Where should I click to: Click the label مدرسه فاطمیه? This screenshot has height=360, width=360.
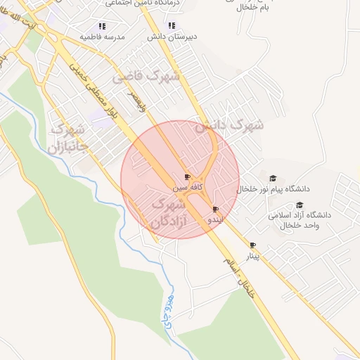point(103,36)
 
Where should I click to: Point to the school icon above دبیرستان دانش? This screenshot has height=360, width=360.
point(153,25)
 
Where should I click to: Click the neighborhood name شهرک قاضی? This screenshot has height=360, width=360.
point(147,75)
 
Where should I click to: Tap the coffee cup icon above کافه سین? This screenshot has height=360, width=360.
point(187,176)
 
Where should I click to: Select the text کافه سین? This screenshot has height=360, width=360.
point(189,188)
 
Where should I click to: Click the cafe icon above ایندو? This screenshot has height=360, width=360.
point(215,209)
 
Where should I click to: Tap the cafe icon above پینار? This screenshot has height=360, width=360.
point(252,245)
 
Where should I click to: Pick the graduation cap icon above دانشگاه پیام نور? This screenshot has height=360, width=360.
point(274,178)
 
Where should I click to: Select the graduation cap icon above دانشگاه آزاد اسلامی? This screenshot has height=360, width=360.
point(300,205)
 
